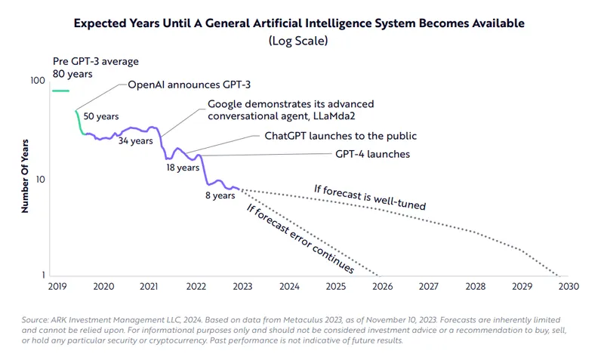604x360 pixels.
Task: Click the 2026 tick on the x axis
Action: click(x=382, y=287)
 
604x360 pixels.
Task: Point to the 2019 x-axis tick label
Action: click(x=58, y=287)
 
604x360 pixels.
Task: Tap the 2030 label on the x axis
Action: click(x=569, y=287)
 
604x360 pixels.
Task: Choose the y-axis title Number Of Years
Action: click(x=25, y=174)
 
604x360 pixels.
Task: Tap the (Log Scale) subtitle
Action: click(x=299, y=42)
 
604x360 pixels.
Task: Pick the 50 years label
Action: click(x=100, y=117)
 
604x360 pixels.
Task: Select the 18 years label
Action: click(x=183, y=168)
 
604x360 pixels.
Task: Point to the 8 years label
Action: click(x=220, y=195)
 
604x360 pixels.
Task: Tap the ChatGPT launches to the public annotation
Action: click(x=341, y=136)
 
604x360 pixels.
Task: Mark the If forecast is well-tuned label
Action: click(x=370, y=196)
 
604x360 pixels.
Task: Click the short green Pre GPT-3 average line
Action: click(x=60, y=91)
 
